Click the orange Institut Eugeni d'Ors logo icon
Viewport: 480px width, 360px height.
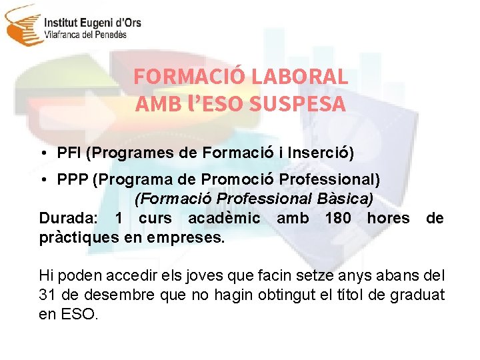(x=22, y=25)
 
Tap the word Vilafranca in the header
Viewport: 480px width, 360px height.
(x=64, y=35)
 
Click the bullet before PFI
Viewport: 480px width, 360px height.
(x=43, y=153)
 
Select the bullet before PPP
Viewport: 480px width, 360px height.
(x=43, y=181)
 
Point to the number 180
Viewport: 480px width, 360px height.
(x=338, y=218)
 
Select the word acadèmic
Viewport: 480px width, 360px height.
(x=224, y=218)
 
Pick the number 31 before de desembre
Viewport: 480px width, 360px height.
(x=48, y=295)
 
